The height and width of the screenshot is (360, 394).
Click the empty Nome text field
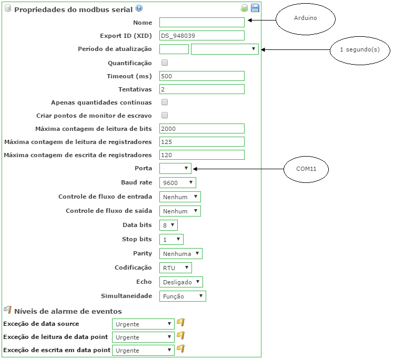(x=202, y=23)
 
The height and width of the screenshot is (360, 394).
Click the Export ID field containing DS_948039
(x=202, y=36)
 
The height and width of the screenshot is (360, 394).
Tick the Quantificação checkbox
(x=165, y=63)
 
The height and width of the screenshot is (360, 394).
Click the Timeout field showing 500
(x=202, y=76)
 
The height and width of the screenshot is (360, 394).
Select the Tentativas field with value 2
(x=202, y=89)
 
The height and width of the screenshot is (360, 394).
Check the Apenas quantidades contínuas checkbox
(x=165, y=102)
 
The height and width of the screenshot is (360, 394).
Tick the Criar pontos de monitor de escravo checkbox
(x=165, y=115)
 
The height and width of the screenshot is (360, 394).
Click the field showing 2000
(x=202, y=129)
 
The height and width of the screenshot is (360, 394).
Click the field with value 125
(x=202, y=142)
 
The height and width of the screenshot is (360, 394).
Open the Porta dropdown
(x=175, y=168)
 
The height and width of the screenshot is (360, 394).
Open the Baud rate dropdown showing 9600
(x=177, y=183)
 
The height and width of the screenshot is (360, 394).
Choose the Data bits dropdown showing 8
(x=168, y=225)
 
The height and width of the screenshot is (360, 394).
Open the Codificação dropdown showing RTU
(x=175, y=268)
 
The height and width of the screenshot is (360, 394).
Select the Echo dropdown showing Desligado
(x=181, y=282)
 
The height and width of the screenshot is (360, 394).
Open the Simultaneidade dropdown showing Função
(x=183, y=296)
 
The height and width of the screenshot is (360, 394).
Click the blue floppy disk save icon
(x=255, y=8)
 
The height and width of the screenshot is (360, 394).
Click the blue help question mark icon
(x=139, y=8)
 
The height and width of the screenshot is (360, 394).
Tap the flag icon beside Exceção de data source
(x=180, y=323)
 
